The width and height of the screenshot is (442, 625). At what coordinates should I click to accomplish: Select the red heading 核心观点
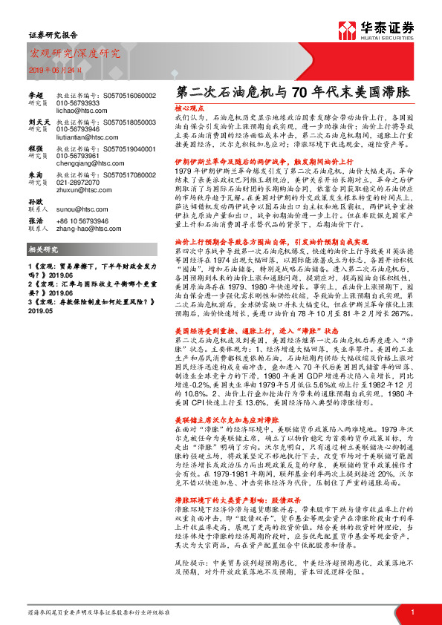[x=190, y=108]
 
